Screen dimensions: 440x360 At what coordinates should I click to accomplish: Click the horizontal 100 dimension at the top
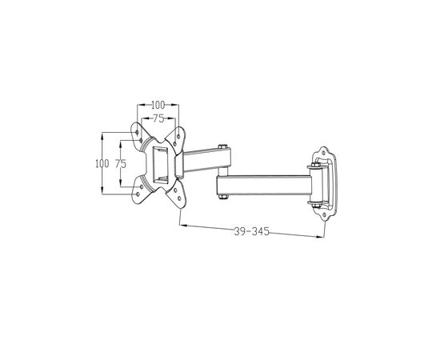coord(158,105)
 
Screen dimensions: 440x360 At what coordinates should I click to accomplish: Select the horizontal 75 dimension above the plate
coord(158,118)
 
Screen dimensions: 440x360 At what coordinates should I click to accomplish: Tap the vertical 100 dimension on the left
coord(102,163)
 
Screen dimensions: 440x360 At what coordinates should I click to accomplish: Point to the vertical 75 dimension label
coord(121,164)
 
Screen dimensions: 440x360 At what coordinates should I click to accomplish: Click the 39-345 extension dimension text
coord(252,231)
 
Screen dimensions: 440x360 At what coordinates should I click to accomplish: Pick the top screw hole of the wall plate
coord(323,154)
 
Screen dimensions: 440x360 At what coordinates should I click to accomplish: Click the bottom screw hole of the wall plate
coord(324,215)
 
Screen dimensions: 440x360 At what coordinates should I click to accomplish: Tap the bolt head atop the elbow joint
coord(223,146)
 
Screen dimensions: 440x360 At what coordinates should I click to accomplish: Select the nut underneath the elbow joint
coord(223,197)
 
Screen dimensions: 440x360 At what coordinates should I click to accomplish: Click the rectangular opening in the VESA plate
coord(160,166)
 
